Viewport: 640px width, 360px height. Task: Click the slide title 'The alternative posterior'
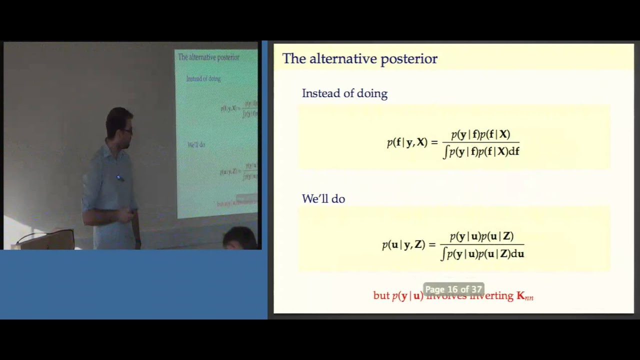(x=359, y=59)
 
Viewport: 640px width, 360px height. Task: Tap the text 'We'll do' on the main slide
(x=323, y=199)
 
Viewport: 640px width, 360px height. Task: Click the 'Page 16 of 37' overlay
(x=453, y=289)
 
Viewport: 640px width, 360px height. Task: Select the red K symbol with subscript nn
(x=524, y=296)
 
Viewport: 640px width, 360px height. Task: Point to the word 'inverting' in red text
(x=493, y=296)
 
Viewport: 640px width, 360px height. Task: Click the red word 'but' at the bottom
(x=381, y=296)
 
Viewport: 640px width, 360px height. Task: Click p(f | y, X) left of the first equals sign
(x=407, y=142)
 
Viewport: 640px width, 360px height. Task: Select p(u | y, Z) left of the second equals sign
(x=403, y=245)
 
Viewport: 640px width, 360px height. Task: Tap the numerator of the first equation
(x=480, y=134)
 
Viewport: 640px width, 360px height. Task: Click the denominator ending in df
(x=481, y=151)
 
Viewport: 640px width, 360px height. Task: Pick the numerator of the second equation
(x=481, y=236)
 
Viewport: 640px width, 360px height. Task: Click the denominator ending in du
(x=482, y=254)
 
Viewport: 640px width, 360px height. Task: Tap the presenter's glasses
(x=127, y=130)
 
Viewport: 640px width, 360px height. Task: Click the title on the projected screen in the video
(x=208, y=57)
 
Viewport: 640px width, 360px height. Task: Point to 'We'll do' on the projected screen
(x=196, y=145)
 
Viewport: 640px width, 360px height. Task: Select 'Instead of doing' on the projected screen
(x=203, y=79)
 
